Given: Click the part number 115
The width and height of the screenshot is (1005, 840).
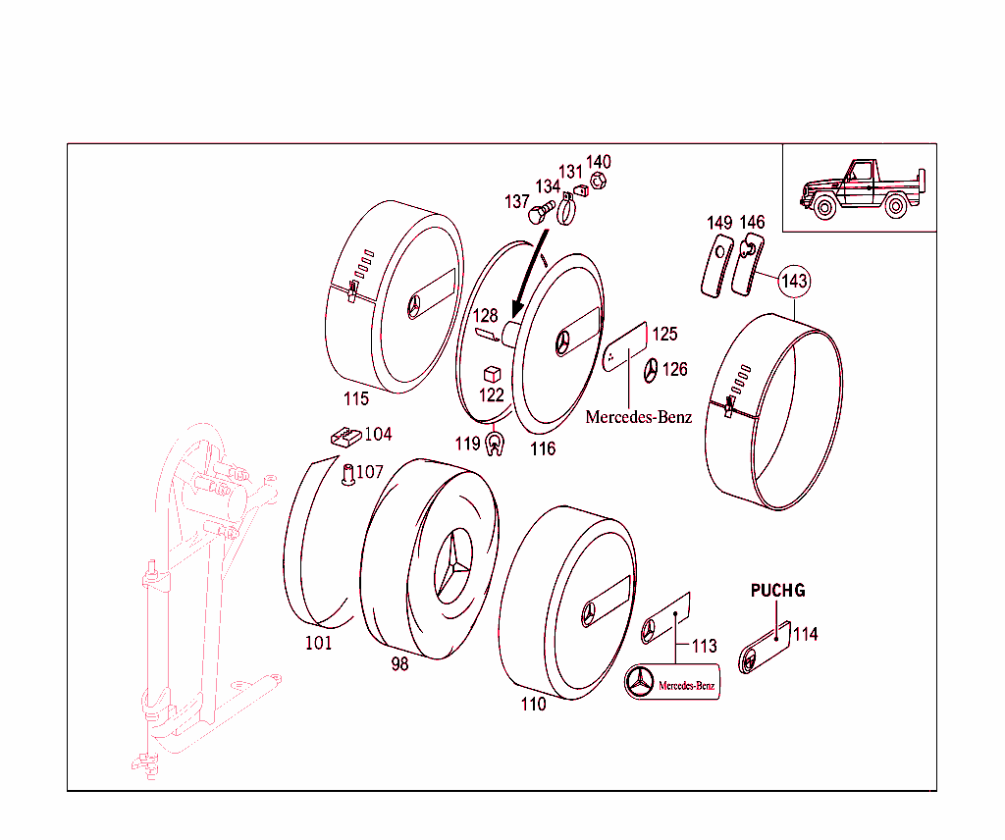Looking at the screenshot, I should pos(356,399).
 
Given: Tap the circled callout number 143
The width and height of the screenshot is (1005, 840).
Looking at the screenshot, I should pos(794,282).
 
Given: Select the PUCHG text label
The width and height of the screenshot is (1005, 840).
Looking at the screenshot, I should pos(777,591).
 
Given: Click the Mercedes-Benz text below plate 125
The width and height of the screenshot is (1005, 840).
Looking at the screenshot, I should pos(638,417).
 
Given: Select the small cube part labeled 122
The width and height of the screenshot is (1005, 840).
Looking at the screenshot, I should pos(493,375).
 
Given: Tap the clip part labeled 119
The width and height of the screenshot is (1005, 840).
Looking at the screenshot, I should pos(495,446).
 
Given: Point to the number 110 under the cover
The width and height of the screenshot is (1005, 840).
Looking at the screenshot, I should pos(533,704).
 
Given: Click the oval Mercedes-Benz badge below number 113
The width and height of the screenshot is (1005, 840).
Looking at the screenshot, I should pos(673,682).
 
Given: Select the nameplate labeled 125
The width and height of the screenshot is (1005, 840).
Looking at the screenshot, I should pos(624,347).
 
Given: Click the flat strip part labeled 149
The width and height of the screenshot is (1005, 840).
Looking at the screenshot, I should pos(716,263).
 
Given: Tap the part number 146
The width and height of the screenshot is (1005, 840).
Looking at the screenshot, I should pos(753,223).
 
